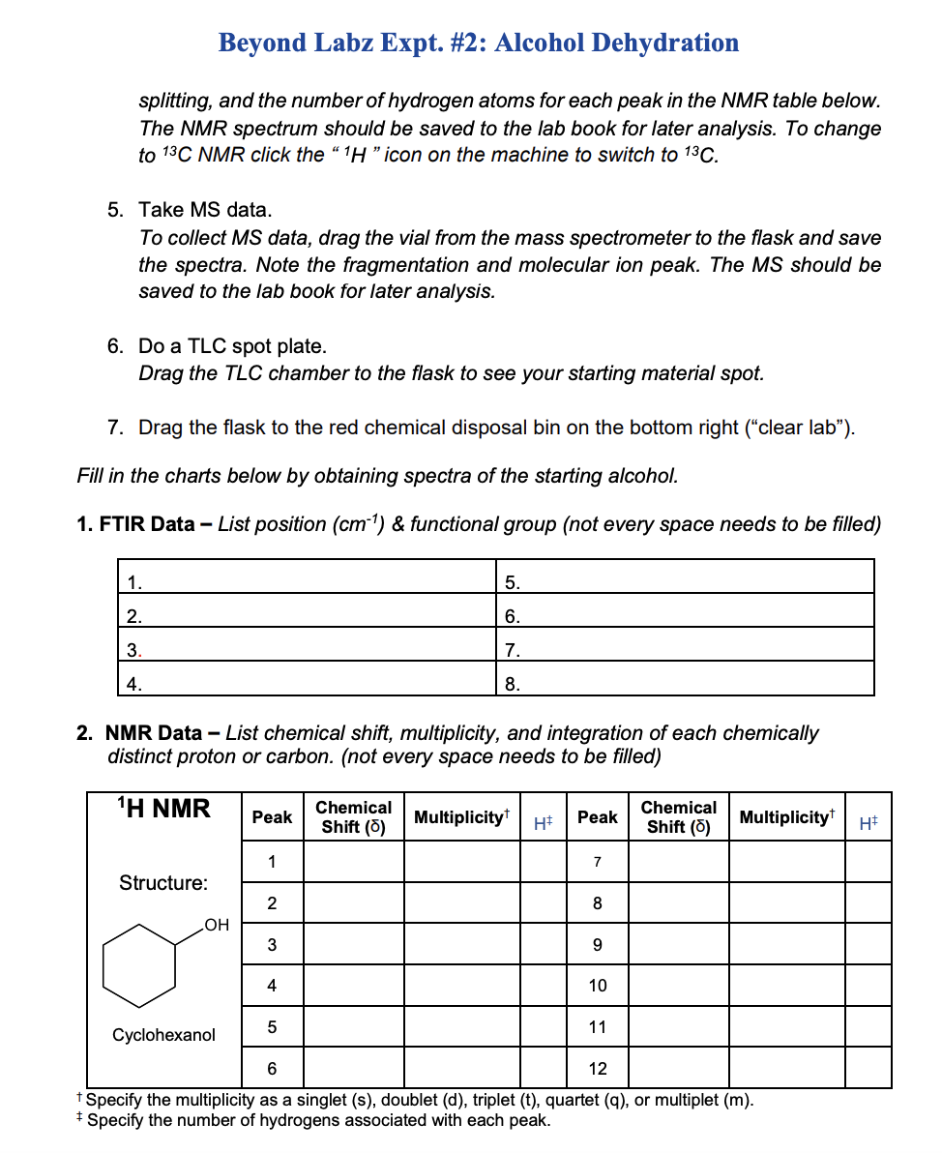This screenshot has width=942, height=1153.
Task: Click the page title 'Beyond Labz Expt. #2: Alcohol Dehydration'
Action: (x=478, y=44)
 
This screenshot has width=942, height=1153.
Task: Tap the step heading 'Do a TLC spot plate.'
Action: (x=232, y=346)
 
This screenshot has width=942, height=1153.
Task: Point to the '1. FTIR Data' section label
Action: (x=135, y=524)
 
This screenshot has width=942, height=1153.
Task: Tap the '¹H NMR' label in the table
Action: (x=162, y=809)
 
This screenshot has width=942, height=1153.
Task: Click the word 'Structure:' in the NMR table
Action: (x=162, y=882)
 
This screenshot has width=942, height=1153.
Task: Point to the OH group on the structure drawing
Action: (x=217, y=925)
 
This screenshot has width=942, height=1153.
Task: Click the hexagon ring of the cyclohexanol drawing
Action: (x=140, y=965)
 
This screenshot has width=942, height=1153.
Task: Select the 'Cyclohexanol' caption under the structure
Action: (x=163, y=1035)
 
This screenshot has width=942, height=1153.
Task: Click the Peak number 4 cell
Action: (x=272, y=986)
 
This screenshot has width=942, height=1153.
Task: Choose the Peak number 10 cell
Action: (x=597, y=986)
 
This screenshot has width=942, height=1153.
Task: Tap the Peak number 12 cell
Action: (x=597, y=1069)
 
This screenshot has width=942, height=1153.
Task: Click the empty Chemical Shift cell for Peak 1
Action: (x=353, y=861)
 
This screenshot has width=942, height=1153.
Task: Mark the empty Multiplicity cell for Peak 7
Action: (x=785, y=861)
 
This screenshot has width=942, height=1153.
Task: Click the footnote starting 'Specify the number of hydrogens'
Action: (x=319, y=1120)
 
